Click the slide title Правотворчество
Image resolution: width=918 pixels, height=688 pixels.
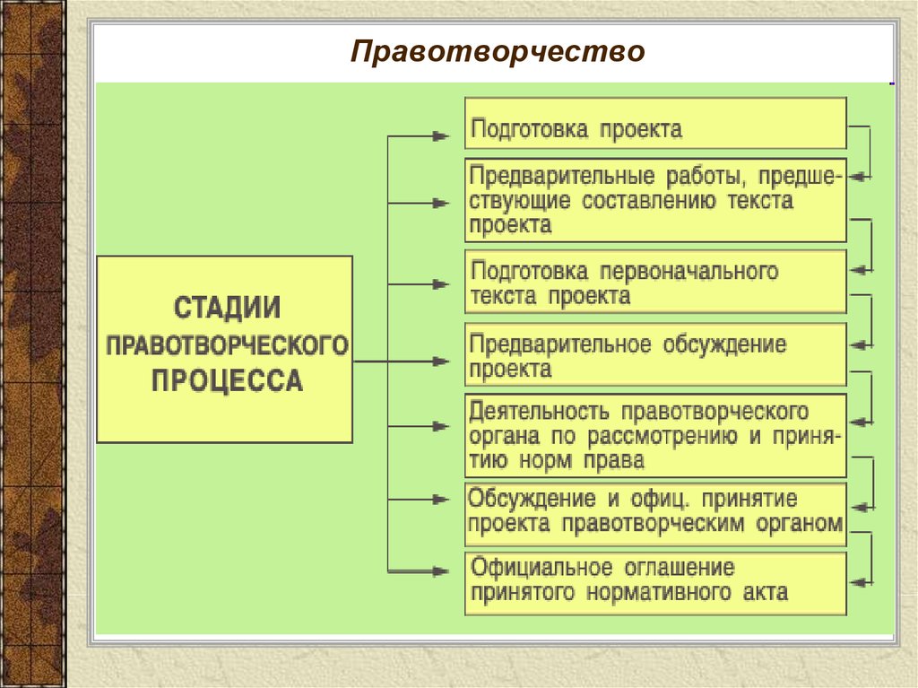(498, 51)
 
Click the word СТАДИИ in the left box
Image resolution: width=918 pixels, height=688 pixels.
(228, 309)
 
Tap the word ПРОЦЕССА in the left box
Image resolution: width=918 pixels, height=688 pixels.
(228, 381)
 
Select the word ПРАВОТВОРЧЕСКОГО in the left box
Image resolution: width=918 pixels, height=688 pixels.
(227, 345)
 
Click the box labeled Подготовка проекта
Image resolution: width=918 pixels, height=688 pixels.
(655, 123)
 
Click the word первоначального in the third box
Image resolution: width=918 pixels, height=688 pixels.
(689, 271)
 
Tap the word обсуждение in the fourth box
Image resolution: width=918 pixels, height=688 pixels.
(724, 344)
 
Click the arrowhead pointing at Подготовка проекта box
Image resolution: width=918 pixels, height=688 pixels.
(441, 136)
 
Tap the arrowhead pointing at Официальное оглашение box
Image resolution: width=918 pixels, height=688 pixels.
(441, 570)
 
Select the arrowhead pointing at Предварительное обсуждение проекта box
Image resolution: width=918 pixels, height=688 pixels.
(441, 361)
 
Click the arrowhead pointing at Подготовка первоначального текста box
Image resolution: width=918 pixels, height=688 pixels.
(441, 284)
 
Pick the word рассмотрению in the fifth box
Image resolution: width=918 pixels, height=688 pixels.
(663, 437)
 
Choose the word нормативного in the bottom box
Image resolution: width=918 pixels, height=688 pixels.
(659, 593)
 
